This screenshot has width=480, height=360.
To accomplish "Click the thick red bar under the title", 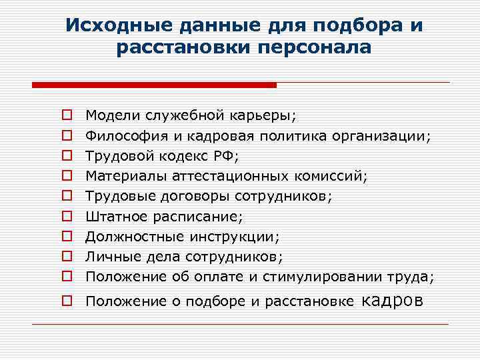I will point(154,85).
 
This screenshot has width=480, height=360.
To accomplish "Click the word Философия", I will point(119,136).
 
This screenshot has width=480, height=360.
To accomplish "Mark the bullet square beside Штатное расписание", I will point(67,217).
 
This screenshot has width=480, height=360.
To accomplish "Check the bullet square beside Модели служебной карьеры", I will point(67,116).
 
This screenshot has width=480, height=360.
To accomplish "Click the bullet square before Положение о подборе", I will point(67,301).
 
